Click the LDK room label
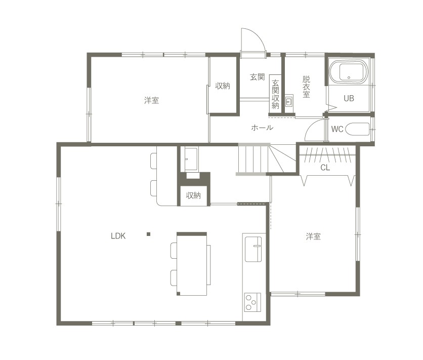click(118, 236)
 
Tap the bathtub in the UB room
click(349, 71)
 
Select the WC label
click(337, 129)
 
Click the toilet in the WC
click(357, 129)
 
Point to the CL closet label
click(325, 168)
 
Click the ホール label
click(262, 128)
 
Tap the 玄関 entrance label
click(258, 77)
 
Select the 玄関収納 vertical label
click(275, 94)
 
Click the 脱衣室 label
click(306, 87)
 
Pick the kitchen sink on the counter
click(253, 249)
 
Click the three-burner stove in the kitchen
click(252, 302)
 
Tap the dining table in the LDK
click(192, 264)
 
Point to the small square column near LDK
click(148, 234)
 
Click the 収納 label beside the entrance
click(223, 86)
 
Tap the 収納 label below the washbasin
click(193, 195)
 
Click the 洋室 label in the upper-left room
click(152, 100)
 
